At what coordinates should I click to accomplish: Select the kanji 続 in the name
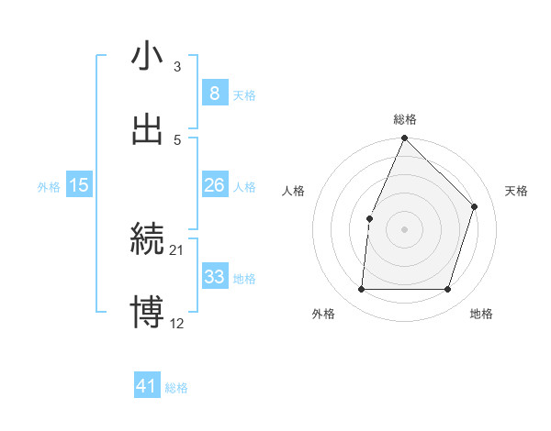tap(147, 239)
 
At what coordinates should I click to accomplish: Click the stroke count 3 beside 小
tap(177, 67)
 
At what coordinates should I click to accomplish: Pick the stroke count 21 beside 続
tap(177, 250)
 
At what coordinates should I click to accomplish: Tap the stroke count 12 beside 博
tap(177, 324)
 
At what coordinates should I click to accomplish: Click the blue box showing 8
tap(214, 94)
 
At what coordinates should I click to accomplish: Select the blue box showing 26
tap(214, 185)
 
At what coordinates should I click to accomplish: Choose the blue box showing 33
tap(214, 277)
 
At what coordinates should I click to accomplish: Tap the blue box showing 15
tap(79, 185)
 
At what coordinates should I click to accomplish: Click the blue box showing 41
tap(147, 386)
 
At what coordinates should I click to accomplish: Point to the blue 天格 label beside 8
tap(244, 95)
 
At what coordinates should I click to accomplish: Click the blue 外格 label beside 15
tap(49, 187)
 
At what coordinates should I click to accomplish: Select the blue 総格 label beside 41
tap(176, 388)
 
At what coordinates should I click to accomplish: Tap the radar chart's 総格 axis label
tap(405, 120)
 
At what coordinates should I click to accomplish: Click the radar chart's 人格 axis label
tap(294, 191)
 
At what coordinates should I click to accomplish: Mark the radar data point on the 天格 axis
tap(475, 206)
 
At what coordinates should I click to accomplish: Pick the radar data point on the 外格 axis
tap(361, 290)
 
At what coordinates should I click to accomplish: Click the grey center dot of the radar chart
tap(404, 229)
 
